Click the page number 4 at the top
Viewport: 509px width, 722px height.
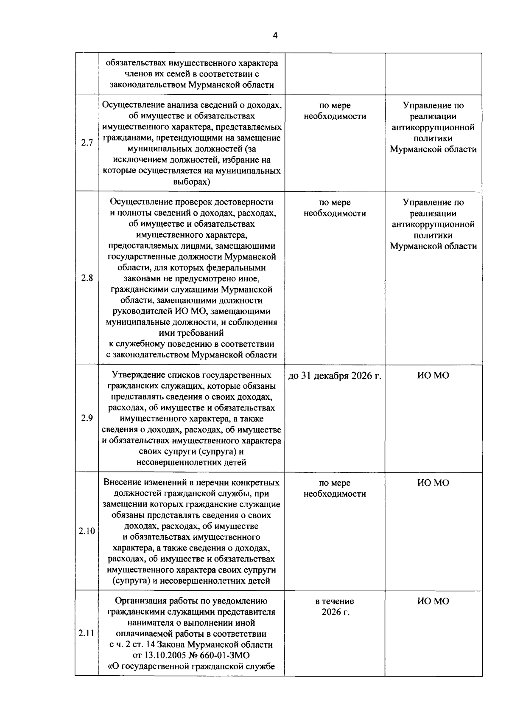click(x=275, y=36)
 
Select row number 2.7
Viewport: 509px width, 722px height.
click(x=87, y=143)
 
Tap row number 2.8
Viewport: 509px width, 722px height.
click(x=87, y=278)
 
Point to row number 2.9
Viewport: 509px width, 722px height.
click(x=87, y=418)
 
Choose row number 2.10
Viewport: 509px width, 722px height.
click(x=87, y=531)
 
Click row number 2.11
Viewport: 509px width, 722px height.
click(x=87, y=633)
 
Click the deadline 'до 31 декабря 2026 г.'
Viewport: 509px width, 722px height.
click(x=335, y=376)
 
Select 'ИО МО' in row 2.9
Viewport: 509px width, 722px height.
click(x=433, y=376)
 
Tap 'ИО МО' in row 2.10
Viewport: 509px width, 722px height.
click(x=433, y=483)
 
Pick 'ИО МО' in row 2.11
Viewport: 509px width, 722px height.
click(x=433, y=601)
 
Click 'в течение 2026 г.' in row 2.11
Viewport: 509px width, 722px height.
click(x=335, y=607)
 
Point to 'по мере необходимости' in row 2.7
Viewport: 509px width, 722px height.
click(x=335, y=111)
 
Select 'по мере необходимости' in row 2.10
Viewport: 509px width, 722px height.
click(x=335, y=489)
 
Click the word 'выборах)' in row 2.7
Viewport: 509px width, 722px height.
click(x=192, y=182)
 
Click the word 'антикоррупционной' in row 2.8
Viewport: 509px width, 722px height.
click(x=433, y=225)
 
